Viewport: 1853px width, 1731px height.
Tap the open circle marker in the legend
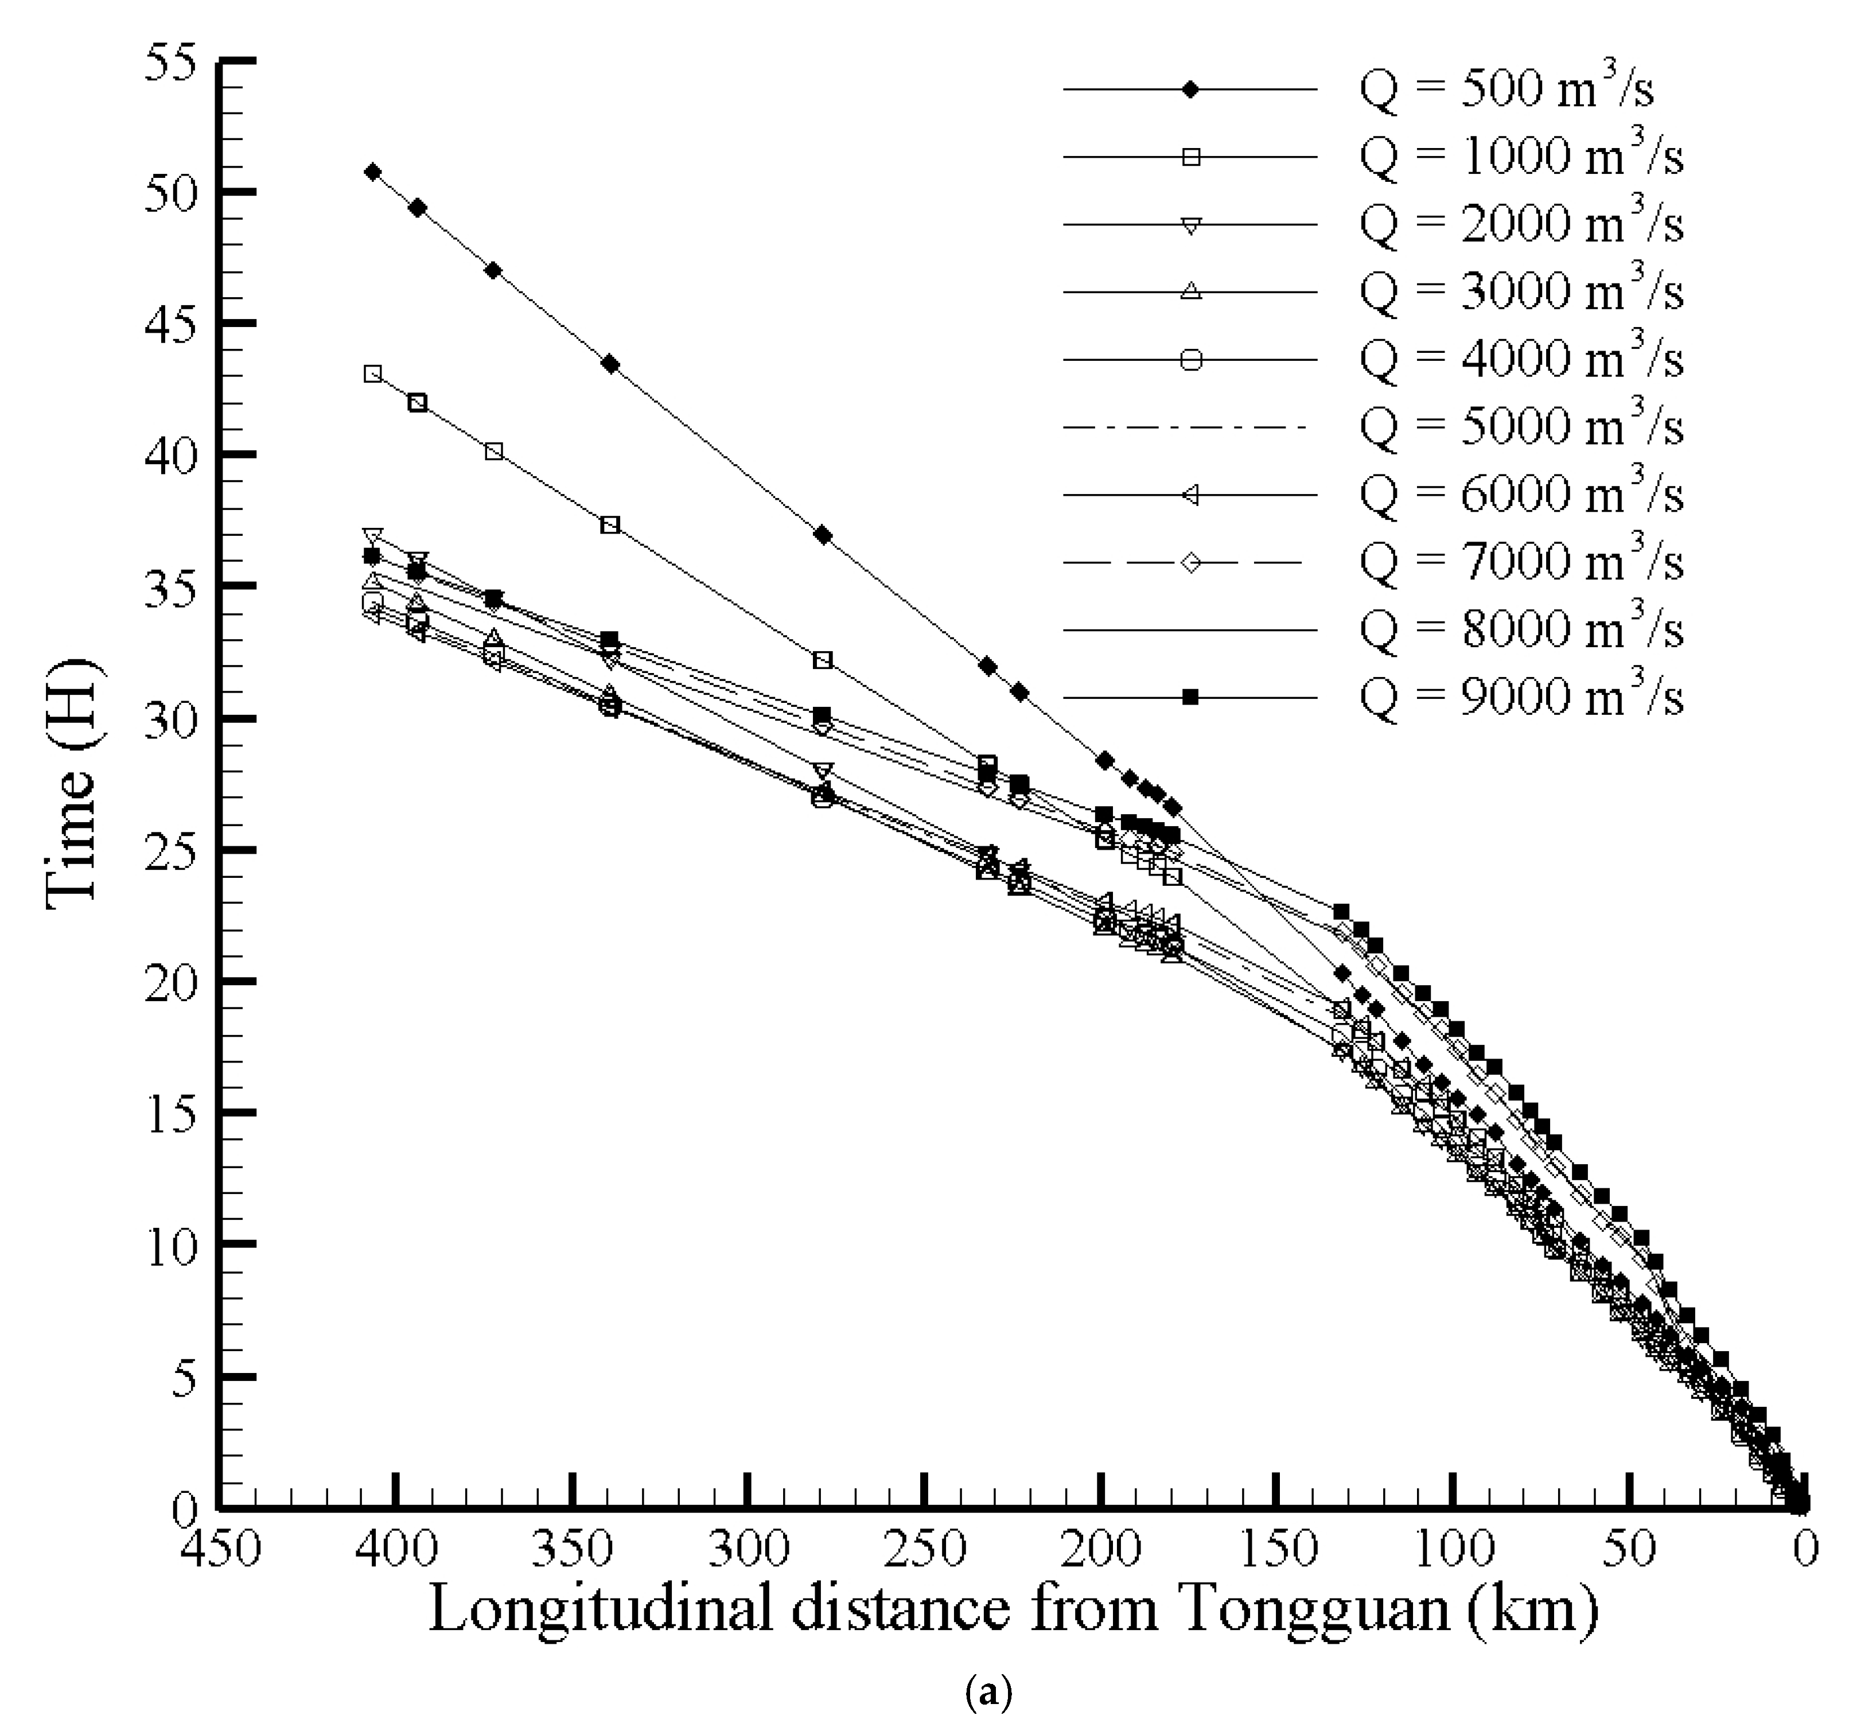(x=1190, y=360)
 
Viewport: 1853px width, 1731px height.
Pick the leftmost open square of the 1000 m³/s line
(x=372, y=374)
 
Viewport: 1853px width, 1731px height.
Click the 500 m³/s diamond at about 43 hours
(x=610, y=364)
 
